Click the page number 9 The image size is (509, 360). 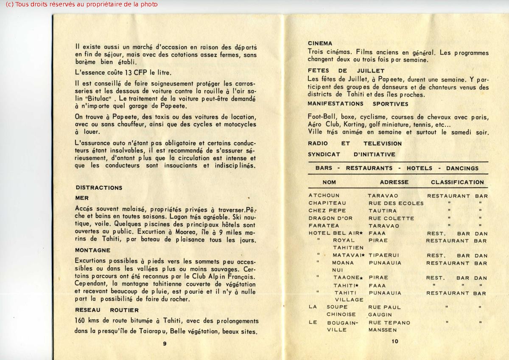165,344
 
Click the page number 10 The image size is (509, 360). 395,341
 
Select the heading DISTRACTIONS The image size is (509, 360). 99,188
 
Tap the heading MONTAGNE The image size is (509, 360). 92,250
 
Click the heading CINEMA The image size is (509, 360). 320,43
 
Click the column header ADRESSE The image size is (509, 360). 394,182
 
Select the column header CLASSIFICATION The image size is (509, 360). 457,182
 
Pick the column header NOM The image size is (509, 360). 329,182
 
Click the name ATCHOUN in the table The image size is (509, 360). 324,196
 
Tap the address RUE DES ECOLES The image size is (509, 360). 396,203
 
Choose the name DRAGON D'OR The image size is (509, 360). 330,218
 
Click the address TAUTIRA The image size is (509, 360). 383,211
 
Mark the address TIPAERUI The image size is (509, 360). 384,256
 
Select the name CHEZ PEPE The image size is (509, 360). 327,211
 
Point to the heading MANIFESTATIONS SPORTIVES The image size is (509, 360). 358,104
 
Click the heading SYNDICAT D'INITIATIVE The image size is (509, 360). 351,155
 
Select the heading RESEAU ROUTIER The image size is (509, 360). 107,310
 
